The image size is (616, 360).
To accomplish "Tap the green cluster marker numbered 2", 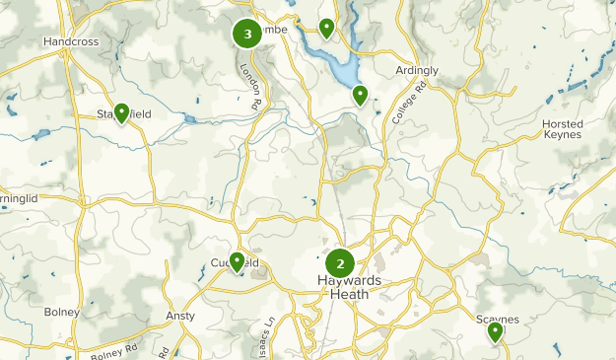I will coord(340,263).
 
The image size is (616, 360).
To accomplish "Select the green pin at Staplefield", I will coord(121,113).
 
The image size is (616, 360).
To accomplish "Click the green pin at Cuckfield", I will coord(237,261).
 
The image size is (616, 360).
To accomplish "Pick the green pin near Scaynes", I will coord(495,332).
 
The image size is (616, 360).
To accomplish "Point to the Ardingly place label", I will coord(417,70).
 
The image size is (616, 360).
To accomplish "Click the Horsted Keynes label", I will coord(563,129).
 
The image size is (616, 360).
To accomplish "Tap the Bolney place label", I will coord(61,313).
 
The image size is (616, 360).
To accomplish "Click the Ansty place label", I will coord(180,317).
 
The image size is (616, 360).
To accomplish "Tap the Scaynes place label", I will coord(497,319).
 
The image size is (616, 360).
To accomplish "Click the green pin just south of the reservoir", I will coord(361,95).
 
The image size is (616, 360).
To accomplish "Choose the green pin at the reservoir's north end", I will coord(326,28).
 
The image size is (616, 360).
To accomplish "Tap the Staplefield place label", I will coord(123,114).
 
